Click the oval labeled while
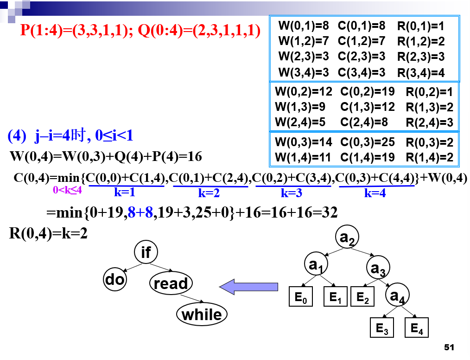tap(202, 315)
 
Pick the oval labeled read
tap(171, 283)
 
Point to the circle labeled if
tap(146, 252)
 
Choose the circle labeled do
tap(114, 279)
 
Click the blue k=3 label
tap(292, 193)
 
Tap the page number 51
tap(448, 347)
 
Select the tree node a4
tap(398, 296)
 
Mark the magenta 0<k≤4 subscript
tap(68, 189)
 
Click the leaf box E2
tap(363, 297)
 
